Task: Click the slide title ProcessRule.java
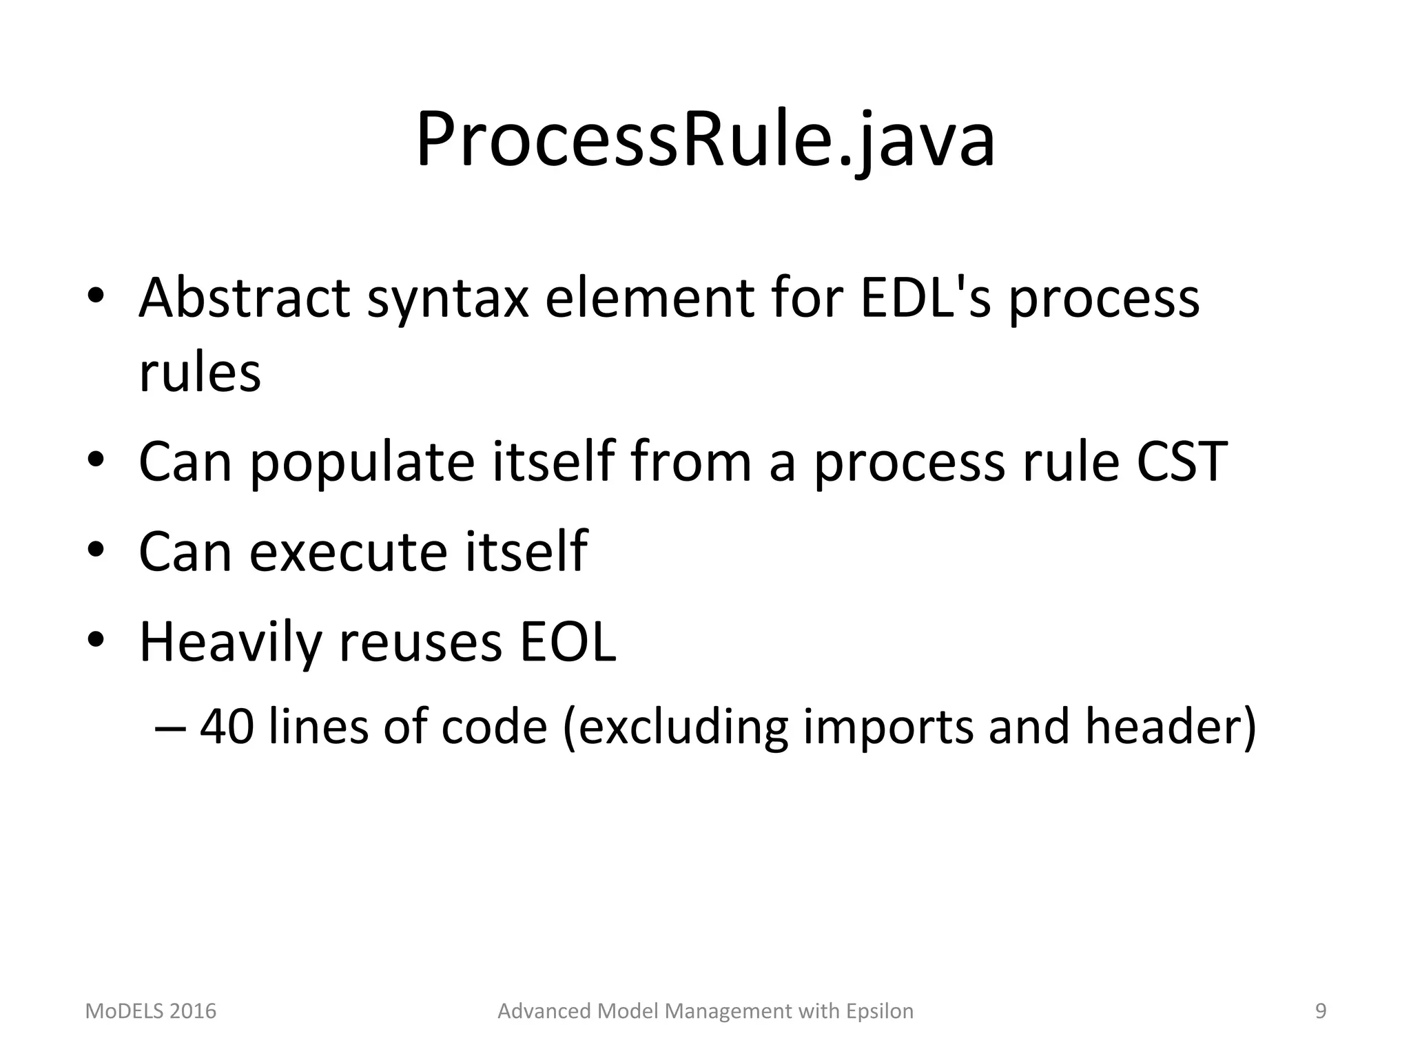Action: pos(705,141)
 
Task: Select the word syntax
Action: pos(448,300)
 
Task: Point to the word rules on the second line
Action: pos(200,373)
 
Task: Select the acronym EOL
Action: pos(567,642)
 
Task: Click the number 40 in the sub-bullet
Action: pos(227,727)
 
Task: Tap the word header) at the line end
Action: pos(1171,727)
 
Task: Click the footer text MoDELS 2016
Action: pos(150,1011)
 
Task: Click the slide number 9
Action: pos(1321,1011)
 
